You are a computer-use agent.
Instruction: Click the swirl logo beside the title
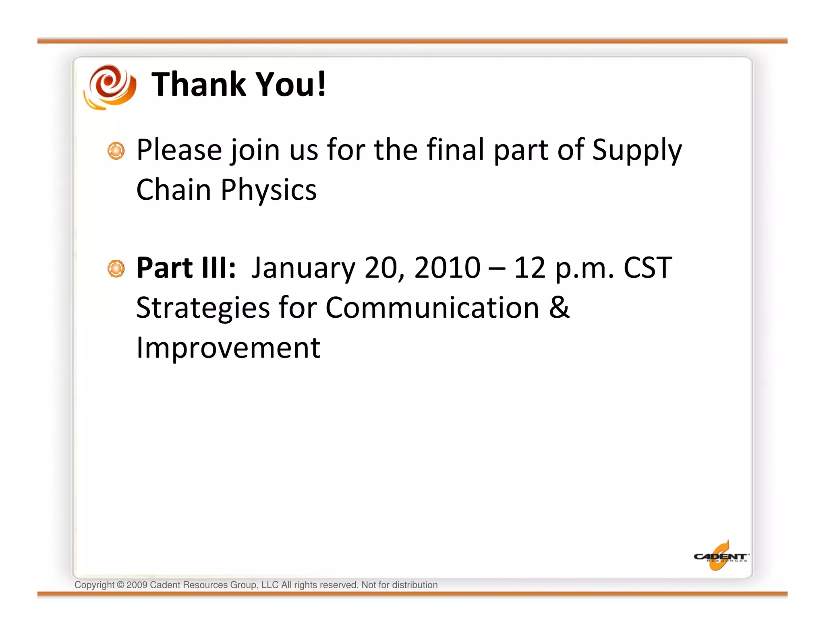(110, 87)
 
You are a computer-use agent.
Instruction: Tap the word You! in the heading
(291, 85)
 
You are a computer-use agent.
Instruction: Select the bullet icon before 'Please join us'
(116, 151)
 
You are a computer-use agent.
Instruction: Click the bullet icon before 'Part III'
(116, 269)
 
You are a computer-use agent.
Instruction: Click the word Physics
(269, 190)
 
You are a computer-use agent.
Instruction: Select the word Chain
(174, 190)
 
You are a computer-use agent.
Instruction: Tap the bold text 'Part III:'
(186, 268)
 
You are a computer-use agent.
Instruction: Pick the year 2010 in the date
(447, 268)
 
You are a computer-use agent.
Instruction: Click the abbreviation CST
(648, 268)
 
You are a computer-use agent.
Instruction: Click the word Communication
(432, 308)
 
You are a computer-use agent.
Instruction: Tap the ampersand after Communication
(559, 307)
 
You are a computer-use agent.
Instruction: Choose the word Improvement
(228, 347)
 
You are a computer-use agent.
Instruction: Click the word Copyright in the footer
(94, 585)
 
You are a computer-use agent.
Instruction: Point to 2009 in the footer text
(137, 585)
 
